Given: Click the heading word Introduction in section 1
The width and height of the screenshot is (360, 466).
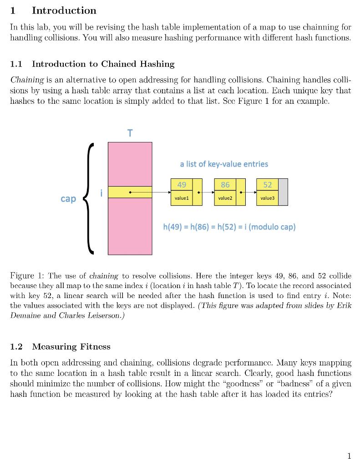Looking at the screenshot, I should (x=64, y=10).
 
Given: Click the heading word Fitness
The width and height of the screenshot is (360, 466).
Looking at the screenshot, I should (x=94, y=347).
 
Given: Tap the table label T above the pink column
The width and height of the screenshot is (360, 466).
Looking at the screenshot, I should (x=130, y=133).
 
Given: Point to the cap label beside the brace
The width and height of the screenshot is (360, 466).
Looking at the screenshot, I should (x=68, y=199).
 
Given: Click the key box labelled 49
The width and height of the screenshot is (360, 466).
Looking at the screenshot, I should (x=182, y=184).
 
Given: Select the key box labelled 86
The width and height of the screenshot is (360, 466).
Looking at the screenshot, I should (x=225, y=184).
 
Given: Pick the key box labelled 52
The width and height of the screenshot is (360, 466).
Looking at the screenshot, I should (x=268, y=184).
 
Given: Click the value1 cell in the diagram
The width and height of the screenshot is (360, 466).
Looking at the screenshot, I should (x=182, y=198).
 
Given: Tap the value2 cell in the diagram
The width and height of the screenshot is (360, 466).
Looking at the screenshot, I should (x=225, y=198).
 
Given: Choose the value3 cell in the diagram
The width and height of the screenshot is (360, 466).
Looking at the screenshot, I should (x=268, y=198).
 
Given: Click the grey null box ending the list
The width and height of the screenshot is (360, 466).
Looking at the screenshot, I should (x=283, y=192).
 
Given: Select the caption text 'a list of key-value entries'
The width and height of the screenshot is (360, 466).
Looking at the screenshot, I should (x=224, y=164).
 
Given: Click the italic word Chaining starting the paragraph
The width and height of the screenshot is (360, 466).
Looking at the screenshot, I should (x=27, y=80).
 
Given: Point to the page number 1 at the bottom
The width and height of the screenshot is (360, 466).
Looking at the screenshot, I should (x=349, y=456).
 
